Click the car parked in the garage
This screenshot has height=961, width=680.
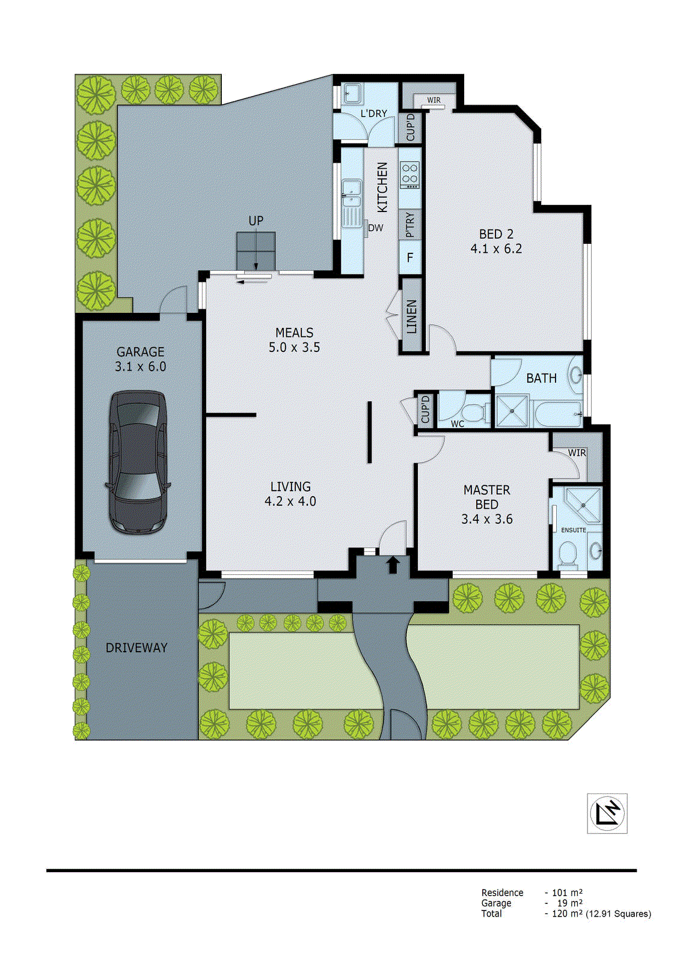(x=138, y=461)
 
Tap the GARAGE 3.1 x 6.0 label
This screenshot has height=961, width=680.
(x=140, y=359)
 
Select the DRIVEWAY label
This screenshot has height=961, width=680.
(x=136, y=648)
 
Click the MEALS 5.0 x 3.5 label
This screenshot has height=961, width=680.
(x=294, y=340)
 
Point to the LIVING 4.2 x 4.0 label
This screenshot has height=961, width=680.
(x=290, y=494)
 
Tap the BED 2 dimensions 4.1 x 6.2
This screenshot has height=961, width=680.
(x=496, y=249)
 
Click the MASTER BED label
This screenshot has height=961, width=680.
(x=486, y=497)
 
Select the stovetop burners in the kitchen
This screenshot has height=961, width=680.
(x=410, y=174)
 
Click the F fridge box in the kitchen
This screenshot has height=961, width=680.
(x=410, y=258)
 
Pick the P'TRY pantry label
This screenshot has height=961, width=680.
(x=410, y=224)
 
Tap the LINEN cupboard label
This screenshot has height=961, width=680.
(x=411, y=317)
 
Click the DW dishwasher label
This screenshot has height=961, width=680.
(x=375, y=228)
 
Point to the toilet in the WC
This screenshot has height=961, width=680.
(x=476, y=413)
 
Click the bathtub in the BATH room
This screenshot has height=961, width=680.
(x=557, y=413)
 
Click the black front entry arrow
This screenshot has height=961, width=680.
(x=393, y=564)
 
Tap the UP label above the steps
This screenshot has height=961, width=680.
(x=256, y=221)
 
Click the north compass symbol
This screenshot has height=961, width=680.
(x=607, y=813)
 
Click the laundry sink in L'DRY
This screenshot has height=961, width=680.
(x=352, y=94)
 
